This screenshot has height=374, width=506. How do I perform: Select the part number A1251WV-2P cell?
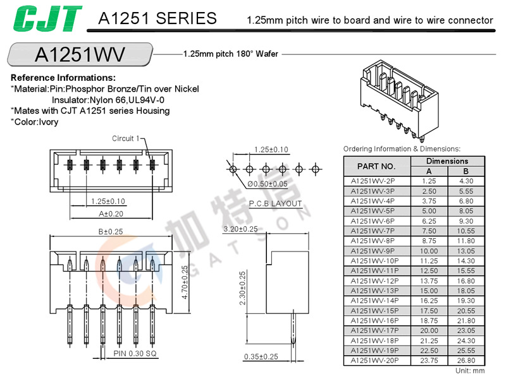pos(376,181)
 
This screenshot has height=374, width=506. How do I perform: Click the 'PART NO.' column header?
pos(376,166)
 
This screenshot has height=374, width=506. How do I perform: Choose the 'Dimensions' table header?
pos(447,161)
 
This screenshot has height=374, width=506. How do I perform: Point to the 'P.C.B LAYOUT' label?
pos(275,203)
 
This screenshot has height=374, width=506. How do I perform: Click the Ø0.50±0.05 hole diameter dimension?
pos(267,184)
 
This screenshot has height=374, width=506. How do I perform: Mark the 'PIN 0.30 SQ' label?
pos(135,353)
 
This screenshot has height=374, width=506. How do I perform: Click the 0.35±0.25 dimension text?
pos(261,357)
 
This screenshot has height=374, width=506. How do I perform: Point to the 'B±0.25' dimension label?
pos(111,231)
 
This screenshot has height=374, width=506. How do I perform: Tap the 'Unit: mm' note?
pos(469,370)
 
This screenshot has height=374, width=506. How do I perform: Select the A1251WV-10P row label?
pos(376,260)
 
